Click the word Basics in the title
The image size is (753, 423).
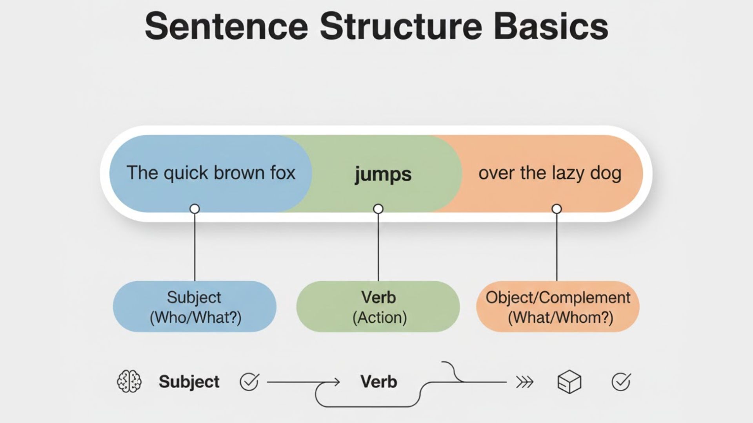tap(551, 27)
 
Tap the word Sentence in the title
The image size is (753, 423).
tap(226, 27)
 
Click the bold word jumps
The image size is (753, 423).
tap(383, 174)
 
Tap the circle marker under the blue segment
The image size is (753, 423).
tap(195, 209)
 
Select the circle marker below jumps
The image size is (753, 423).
tap(378, 209)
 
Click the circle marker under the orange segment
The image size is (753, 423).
tap(557, 209)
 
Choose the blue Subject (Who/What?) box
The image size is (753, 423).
tap(195, 307)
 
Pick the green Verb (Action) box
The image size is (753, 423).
tap(378, 307)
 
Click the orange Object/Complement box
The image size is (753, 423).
tap(558, 307)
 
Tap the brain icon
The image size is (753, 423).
tap(129, 381)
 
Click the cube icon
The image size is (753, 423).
tap(569, 381)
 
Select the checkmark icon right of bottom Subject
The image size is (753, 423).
tap(249, 381)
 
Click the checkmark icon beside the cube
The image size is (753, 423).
tap(621, 381)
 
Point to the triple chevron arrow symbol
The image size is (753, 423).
tap(525, 381)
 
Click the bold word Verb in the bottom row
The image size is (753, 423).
tap(378, 381)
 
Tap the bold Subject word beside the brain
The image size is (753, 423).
tap(189, 381)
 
